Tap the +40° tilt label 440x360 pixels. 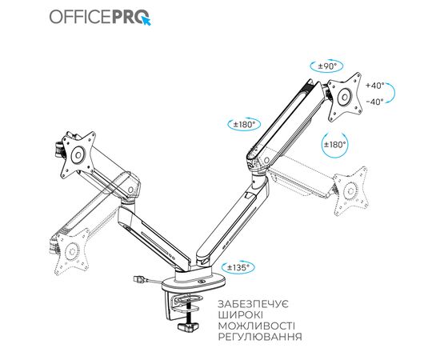374,85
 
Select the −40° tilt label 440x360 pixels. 374,101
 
